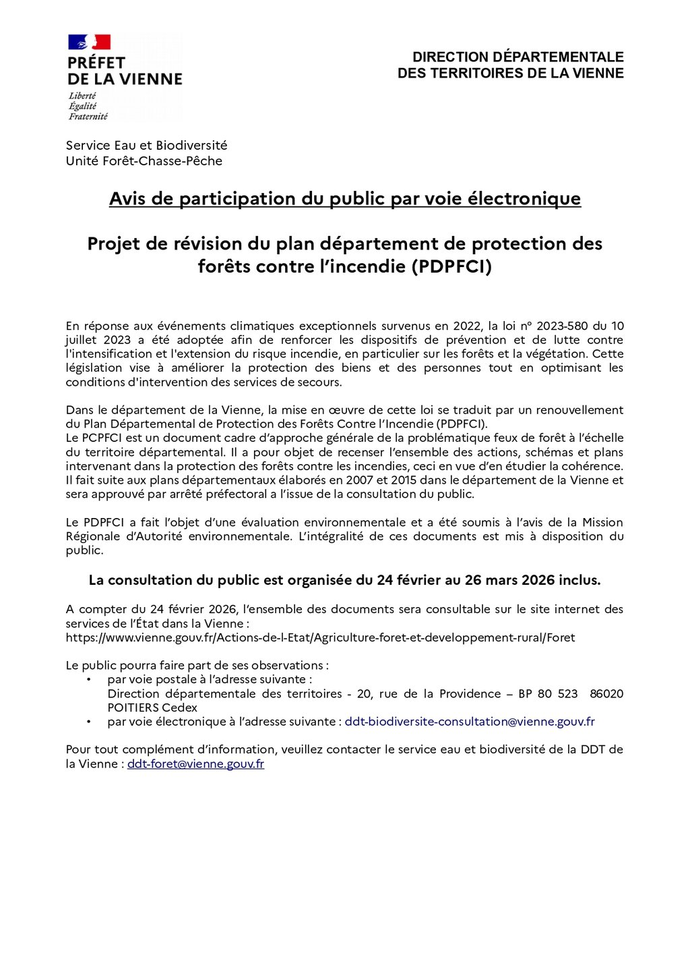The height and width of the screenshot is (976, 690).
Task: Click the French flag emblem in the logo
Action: pyautogui.click(x=89, y=42)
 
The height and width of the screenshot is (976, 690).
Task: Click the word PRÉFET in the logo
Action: pyautogui.click(x=96, y=63)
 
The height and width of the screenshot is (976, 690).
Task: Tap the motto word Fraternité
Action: pyautogui.click(x=88, y=117)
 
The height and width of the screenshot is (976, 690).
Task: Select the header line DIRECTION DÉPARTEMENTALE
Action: pyautogui.click(x=517, y=57)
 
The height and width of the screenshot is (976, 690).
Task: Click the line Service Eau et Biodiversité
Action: pyautogui.click(x=146, y=145)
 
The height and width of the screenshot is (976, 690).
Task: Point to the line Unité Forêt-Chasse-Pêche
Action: pyautogui.click(x=144, y=161)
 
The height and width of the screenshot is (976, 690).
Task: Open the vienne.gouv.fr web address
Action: pyautogui.click(x=320, y=637)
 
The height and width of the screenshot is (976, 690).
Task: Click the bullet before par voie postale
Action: pyautogui.click(x=88, y=680)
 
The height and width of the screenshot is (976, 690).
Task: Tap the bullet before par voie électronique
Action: pyautogui.click(x=88, y=722)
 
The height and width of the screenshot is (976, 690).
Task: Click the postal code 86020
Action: pyautogui.click(x=606, y=693)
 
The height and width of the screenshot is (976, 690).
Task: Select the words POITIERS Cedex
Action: pyautogui.click(x=152, y=708)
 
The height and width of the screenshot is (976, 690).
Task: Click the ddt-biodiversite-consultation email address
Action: pyautogui.click(x=470, y=722)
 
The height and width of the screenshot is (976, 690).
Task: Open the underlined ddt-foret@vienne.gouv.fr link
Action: pyautogui.click(x=195, y=764)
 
